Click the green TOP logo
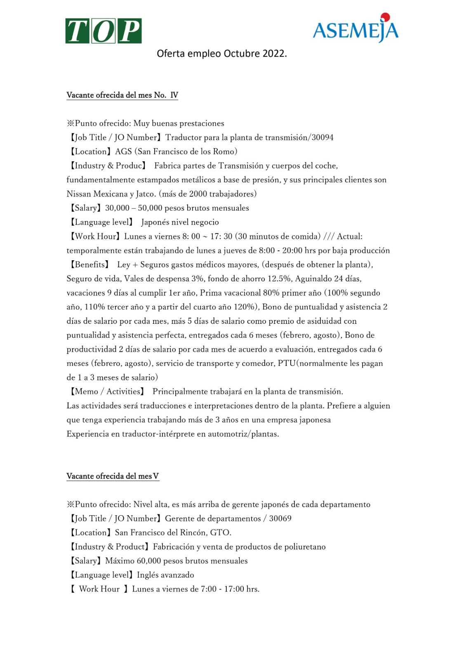point(103,31)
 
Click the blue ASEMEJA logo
point(355,30)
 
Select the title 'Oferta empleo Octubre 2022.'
point(221,54)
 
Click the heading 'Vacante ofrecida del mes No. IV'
point(122,95)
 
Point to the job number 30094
point(322,137)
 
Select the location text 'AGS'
point(123,151)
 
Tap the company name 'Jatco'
point(146,194)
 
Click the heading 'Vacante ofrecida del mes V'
point(113,476)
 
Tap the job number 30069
point(280,519)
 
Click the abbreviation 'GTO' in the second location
point(219,533)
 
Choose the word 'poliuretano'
point(305,547)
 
